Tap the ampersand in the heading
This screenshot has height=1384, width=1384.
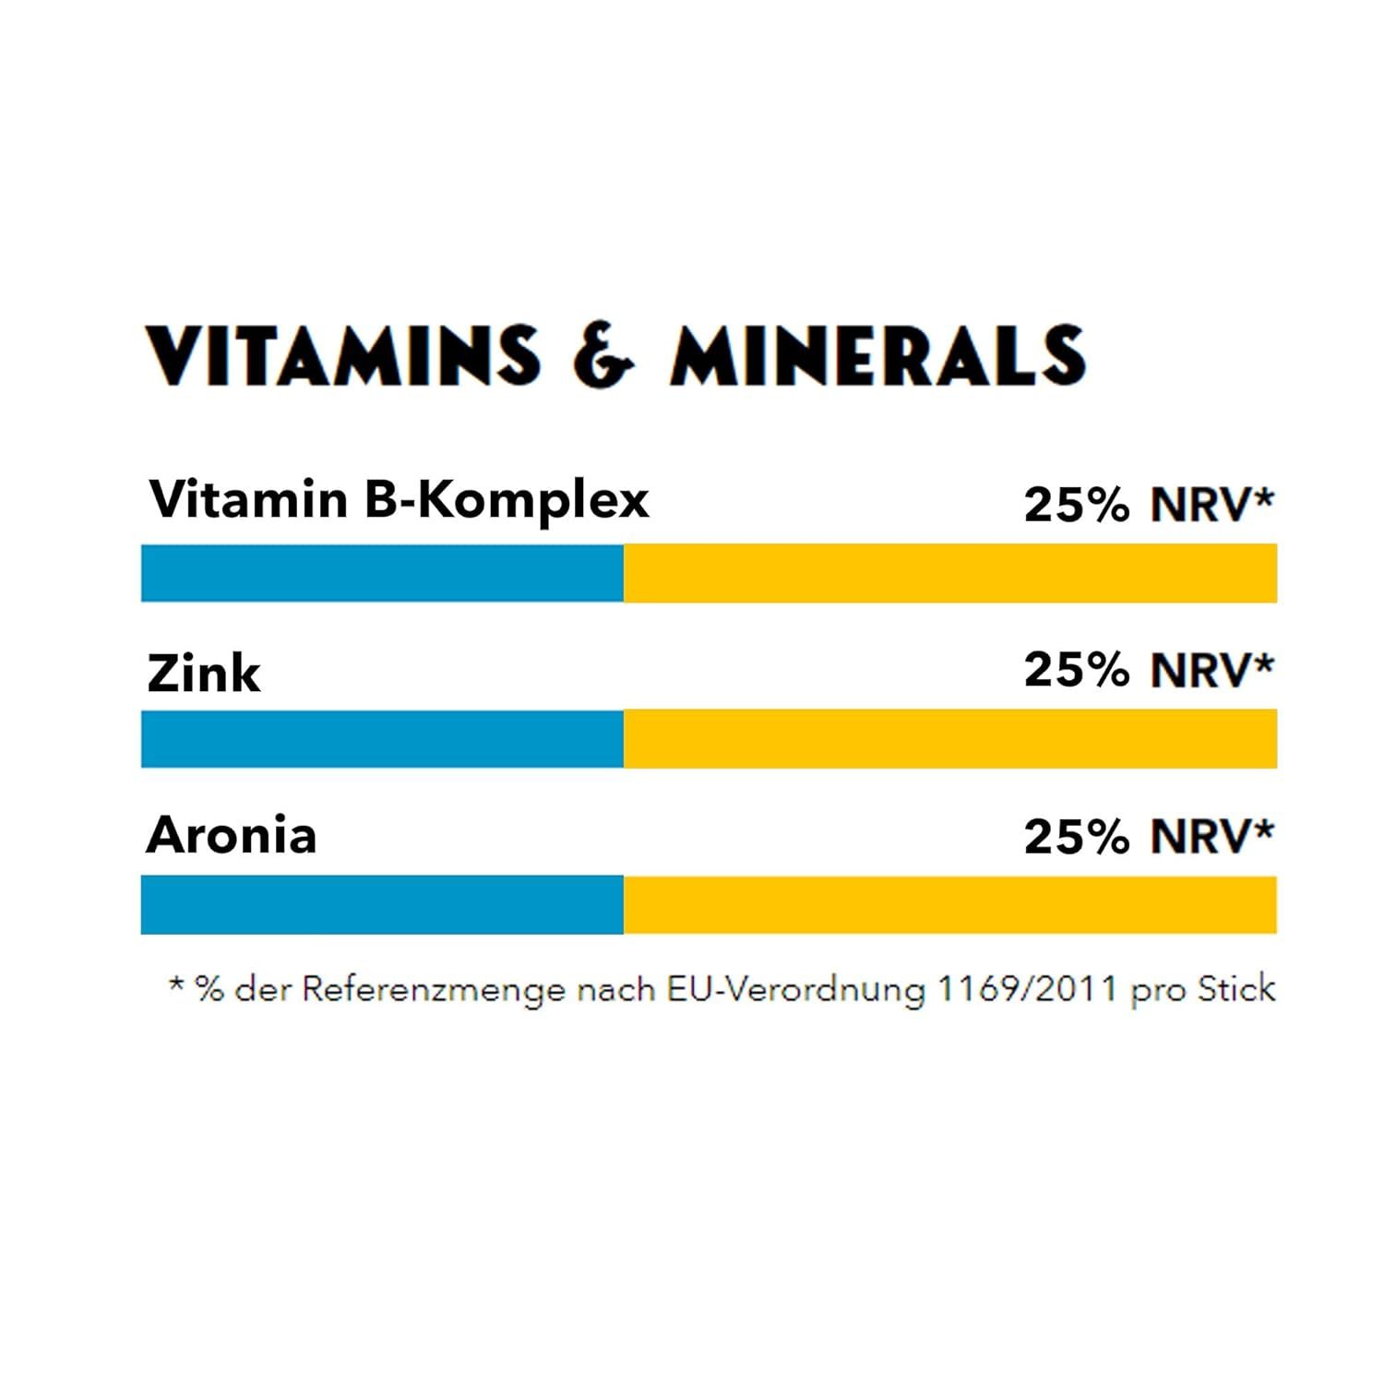click(x=603, y=355)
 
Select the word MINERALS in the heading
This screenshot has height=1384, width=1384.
click(x=877, y=355)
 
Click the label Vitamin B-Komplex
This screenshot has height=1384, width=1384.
click(x=399, y=500)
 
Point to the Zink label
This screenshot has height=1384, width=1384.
click(x=203, y=673)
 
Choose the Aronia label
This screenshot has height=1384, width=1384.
click(x=232, y=835)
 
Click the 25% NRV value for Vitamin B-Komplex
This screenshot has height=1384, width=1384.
click(x=1149, y=505)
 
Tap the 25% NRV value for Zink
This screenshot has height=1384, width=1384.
click(x=1149, y=670)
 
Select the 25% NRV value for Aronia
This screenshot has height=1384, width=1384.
click(x=1149, y=837)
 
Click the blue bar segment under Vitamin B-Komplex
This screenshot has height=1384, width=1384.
click(x=382, y=573)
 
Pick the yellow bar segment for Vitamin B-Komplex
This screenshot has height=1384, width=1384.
click(x=950, y=573)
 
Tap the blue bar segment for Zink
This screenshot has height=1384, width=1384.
click(x=382, y=738)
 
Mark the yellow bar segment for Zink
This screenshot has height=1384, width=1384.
click(x=950, y=738)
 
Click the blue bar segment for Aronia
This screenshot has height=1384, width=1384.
click(x=382, y=904)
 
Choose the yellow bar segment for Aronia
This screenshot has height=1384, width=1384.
click(x=950, y=904)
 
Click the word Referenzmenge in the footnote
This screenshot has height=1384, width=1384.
click(x=434, y=990)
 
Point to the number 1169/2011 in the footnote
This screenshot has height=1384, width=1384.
click(x=1027, y=989)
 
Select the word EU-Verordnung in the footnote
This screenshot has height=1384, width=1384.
click(x=796, y=990)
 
